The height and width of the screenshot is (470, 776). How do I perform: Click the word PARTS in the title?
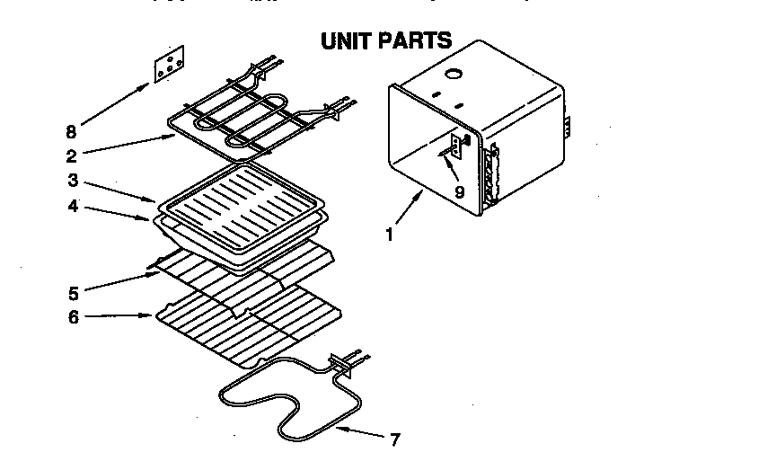pos(414,42)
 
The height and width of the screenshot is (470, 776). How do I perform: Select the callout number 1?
pos(389,236)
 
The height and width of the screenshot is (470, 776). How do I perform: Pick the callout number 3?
pos(72,180)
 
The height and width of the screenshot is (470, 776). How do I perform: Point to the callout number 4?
pos(72,206)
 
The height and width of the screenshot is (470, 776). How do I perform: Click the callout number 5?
pos(73,292)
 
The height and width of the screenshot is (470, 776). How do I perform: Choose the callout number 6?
pos(73,317)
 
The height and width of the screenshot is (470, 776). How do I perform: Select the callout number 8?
pos(72,130)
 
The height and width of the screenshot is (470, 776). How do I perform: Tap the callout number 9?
pos(459,191)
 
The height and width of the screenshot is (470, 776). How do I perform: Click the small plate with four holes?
pos(168,65)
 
